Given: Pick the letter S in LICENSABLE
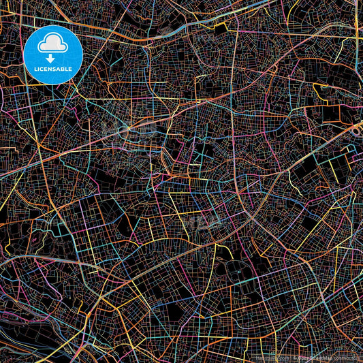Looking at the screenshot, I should tap(52, 68).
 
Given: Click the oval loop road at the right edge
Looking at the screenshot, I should tap(357, 126).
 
